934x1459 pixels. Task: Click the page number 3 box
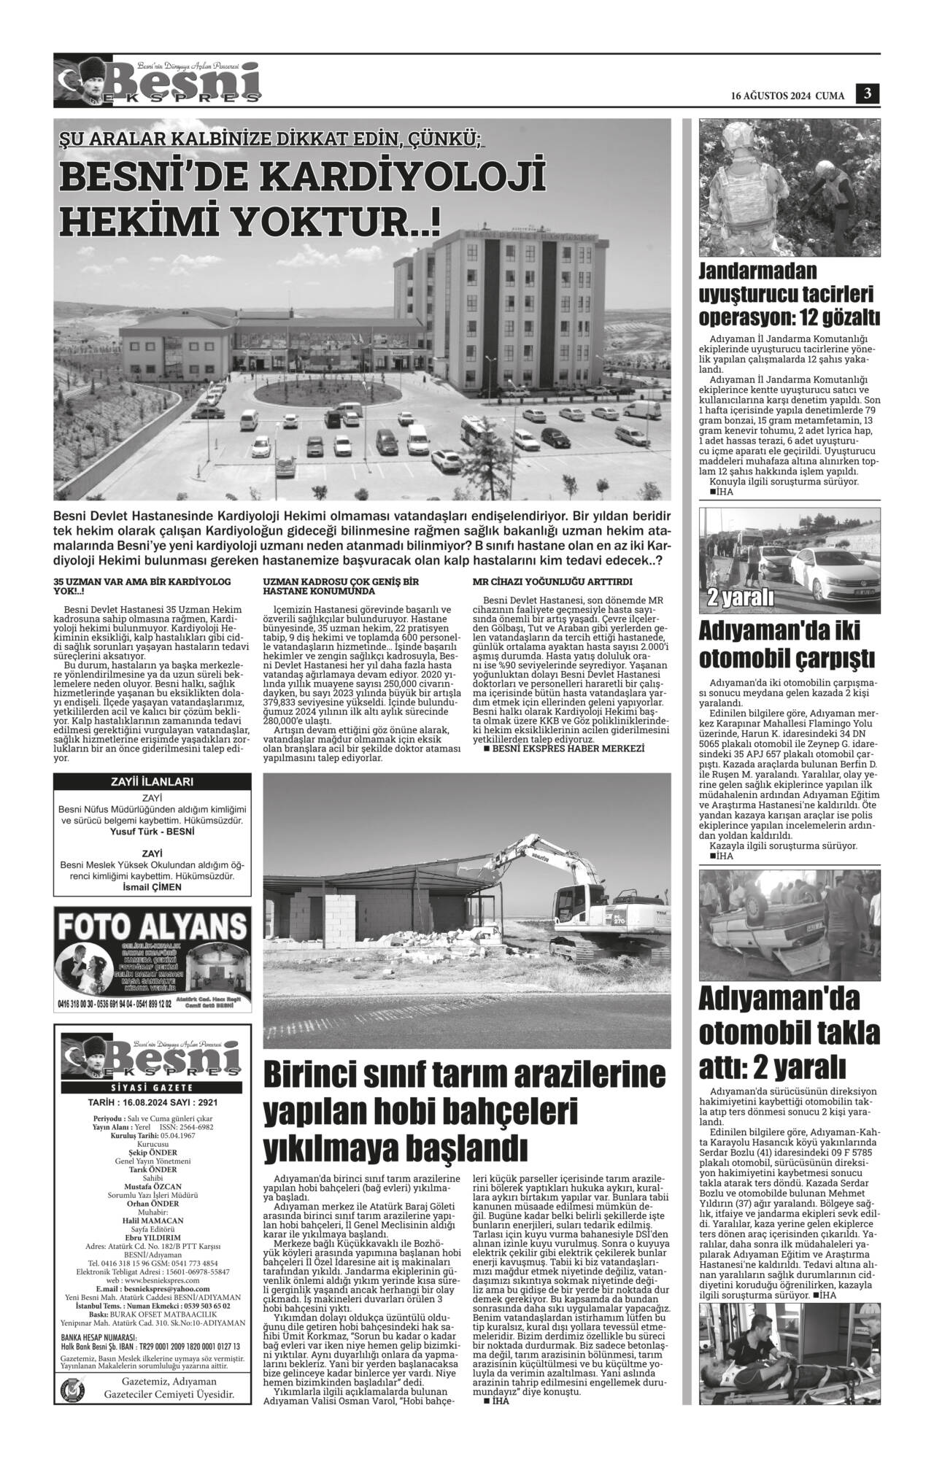tap(868, 93)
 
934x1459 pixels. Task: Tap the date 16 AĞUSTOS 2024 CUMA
tap(788, 96)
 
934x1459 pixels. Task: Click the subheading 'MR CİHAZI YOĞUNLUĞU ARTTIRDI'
tap(552, 581)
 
